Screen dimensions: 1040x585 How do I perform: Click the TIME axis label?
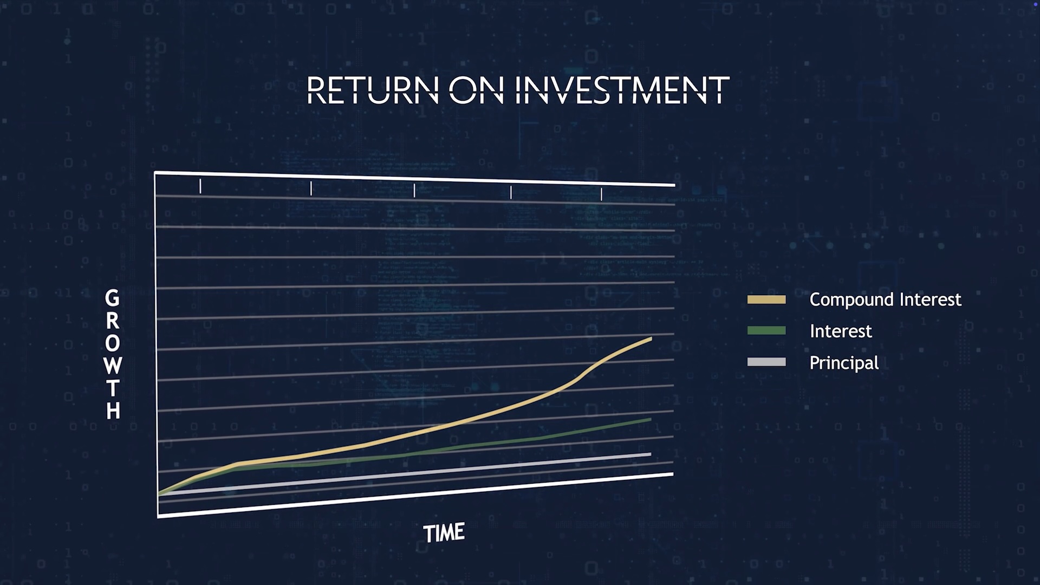[444, 533]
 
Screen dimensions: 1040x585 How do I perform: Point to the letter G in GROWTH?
[112, 298]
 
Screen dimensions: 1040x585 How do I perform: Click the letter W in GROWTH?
[113, 366]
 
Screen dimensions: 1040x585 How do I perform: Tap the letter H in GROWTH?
[113, 411]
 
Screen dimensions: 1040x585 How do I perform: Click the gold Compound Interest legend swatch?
[766, 300]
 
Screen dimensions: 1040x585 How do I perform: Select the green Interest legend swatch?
[766, 330]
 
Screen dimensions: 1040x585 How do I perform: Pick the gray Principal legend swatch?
[766, 362]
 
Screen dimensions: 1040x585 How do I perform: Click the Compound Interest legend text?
[885, 300]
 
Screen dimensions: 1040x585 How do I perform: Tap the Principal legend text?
[844, 363]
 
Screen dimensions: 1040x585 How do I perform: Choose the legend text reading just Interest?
[841, 331]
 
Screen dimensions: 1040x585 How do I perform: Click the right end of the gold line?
[651, 339]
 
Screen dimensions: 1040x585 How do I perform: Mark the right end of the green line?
[650, 419]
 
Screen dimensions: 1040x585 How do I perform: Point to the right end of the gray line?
[650, 454]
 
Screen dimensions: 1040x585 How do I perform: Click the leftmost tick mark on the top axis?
[200, 186]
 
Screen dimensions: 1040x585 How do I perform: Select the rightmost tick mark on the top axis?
[601, 194]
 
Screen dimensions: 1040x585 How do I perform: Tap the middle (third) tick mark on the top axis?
[414, 190]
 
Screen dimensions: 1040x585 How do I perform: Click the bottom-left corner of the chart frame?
[158, 516]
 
